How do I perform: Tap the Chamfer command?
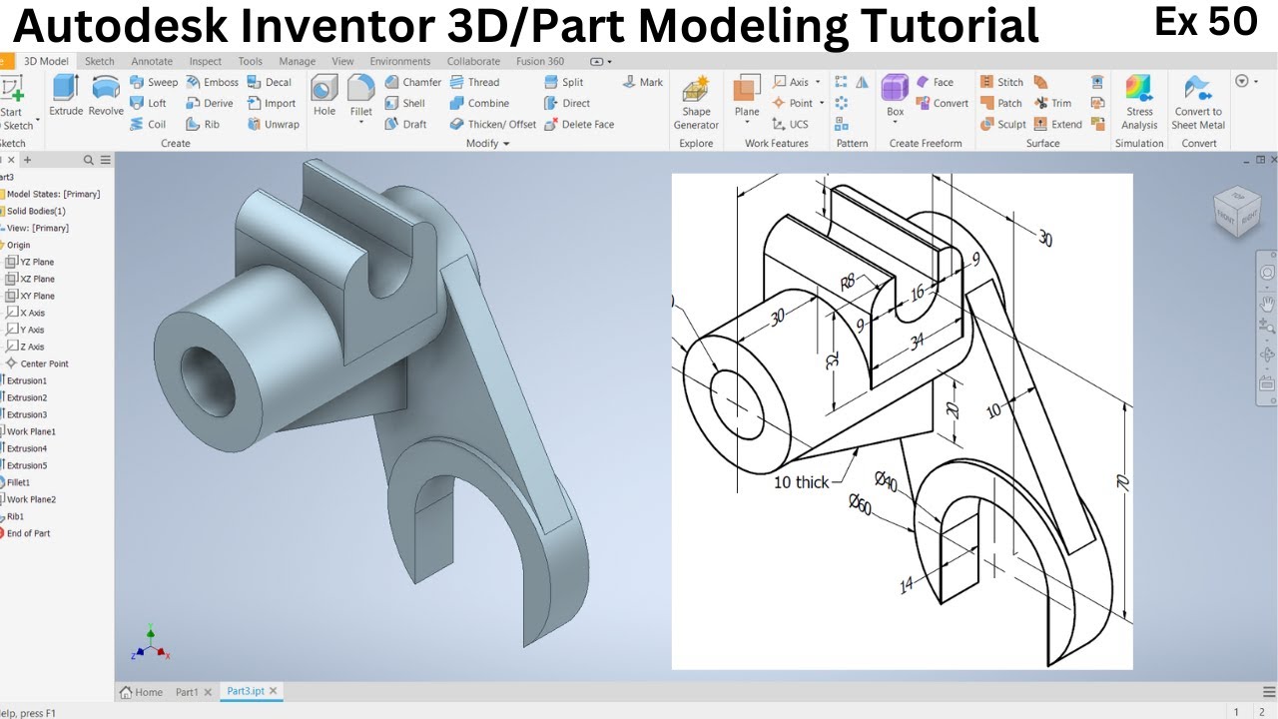pos(413,82)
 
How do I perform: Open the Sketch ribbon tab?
pos(100,61)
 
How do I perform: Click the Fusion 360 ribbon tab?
pos(540,61)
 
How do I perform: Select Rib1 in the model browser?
pos(15,516)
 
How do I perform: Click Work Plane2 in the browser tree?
pos(31,499)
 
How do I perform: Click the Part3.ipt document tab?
pos(245,691)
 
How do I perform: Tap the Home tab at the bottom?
pos(142,691)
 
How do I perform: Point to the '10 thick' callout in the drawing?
pos(801,482)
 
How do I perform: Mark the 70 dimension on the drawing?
pos(1123,481)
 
